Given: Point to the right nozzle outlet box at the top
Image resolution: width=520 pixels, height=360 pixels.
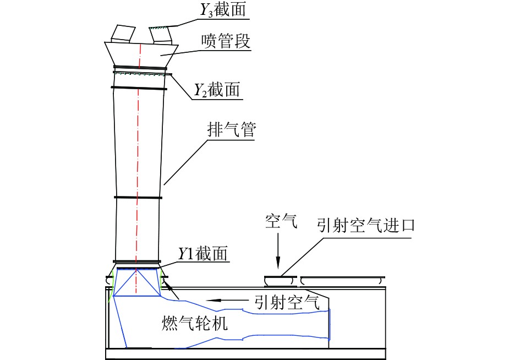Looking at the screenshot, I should [x=161, y=34].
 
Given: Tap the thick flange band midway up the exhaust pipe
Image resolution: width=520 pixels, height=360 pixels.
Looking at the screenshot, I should [x=138, y=197].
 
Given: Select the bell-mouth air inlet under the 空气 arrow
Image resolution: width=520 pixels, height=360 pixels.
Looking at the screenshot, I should [x=281, y=281].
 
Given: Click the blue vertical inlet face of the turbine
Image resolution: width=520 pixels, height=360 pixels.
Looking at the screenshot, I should [x=330, y=325].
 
